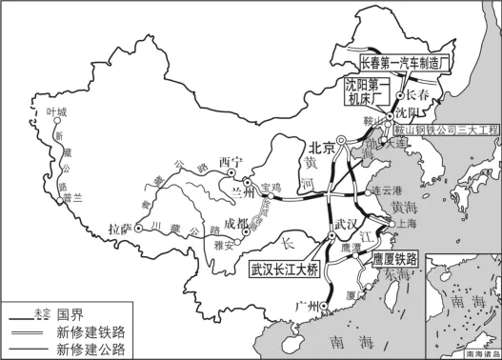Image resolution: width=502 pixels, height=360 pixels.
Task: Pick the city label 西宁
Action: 232,161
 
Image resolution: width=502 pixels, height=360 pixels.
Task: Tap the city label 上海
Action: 407,225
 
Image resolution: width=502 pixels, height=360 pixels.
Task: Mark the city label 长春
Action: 417,94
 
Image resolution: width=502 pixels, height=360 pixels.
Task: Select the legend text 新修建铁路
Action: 90,330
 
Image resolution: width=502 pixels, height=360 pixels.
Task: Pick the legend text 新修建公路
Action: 90,349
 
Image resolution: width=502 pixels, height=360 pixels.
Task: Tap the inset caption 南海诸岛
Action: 480,352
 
